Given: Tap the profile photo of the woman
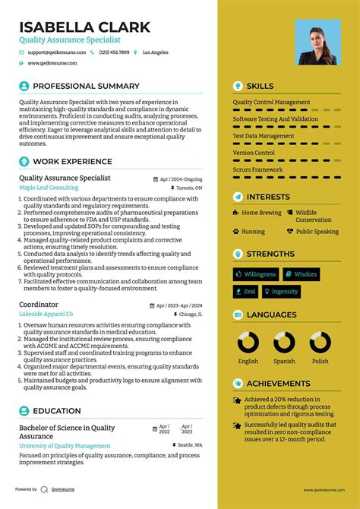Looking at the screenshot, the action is (x=317, y=43).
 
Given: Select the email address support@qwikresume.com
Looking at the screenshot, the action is (x=58, y=52).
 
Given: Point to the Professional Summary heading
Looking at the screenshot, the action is (x=86, y=86).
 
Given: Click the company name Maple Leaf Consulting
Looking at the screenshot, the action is (x=49, y=188).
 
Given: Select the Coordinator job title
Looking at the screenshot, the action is (x=39, y=304).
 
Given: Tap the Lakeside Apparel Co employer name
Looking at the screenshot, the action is (x=46, y=314).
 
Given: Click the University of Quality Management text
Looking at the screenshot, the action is (x=65, y=446).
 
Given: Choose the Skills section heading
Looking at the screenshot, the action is (x=260, y=86).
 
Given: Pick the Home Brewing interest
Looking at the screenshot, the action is (x=261, y=213).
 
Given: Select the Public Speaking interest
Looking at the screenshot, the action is (x=317, y=231).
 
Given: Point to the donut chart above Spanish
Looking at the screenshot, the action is (x=284, y=343).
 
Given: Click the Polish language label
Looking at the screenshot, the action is (x=320, y=362).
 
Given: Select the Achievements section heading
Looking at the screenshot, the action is (x=278, y=384).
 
